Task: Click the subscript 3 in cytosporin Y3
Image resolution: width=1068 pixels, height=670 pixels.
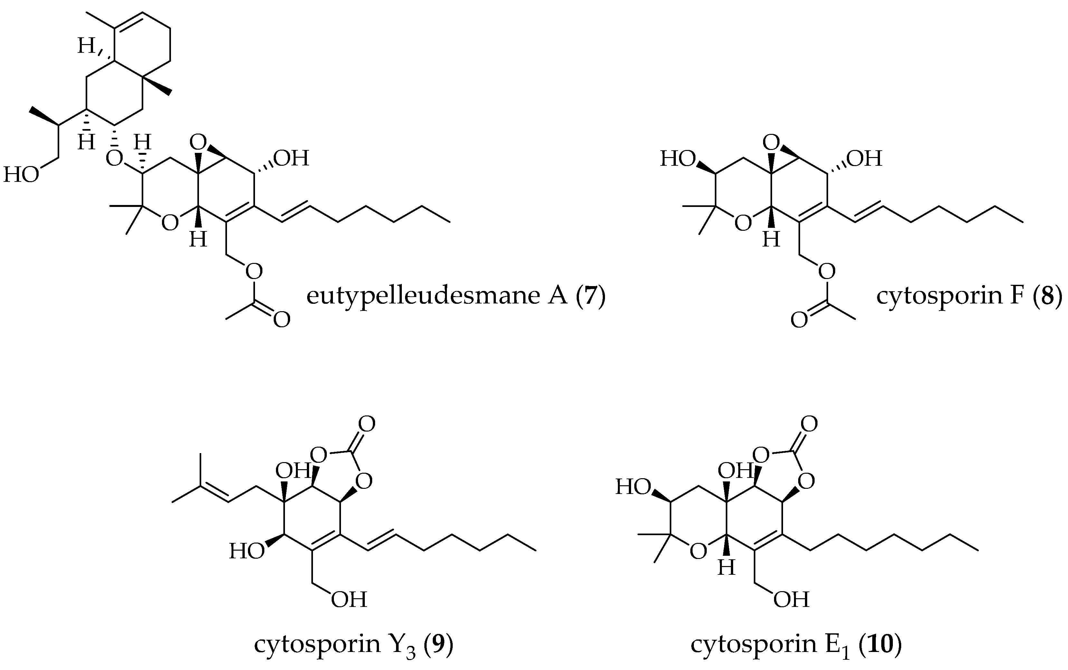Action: click(411, 652)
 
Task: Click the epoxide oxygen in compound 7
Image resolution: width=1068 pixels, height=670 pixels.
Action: click(198, 143)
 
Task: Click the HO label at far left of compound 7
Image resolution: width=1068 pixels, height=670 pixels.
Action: click(21, 175)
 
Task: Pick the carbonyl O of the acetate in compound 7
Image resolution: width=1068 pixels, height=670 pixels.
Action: click(281, 320)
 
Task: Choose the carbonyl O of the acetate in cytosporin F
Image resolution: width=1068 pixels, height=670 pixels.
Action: click(799, 320)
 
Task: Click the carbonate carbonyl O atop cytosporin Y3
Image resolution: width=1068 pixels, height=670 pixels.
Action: click(366, 424)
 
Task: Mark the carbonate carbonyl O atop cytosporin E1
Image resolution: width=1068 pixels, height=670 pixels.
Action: click(809, 424)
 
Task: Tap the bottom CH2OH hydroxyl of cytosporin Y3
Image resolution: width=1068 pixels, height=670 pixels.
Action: click(349, 600)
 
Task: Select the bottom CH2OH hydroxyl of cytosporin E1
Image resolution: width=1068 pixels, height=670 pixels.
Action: click(791, 600)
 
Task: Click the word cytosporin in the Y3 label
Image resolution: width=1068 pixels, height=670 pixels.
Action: click(315, 644)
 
